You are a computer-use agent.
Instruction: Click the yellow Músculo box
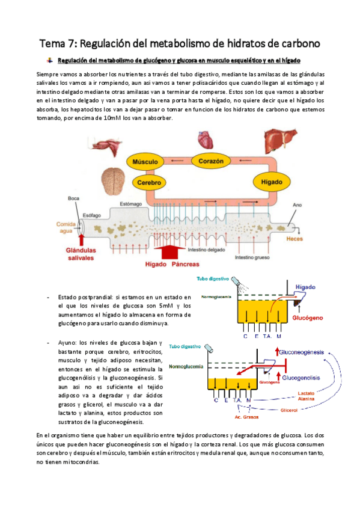tap(145, 162)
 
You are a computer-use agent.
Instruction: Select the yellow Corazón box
tap(212, 161)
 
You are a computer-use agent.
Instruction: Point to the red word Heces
tap(294, 239)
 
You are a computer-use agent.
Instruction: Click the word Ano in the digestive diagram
tap(296, 204)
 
